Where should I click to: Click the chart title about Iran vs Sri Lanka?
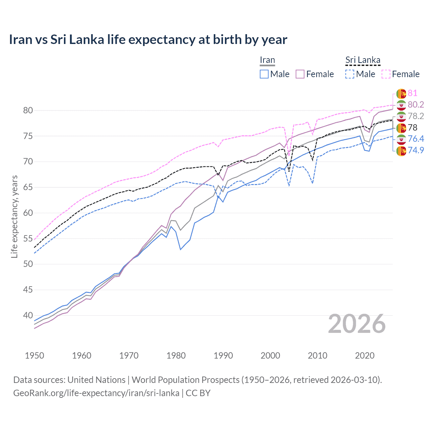coord(148,40)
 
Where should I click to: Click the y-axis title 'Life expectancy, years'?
coord(14,216)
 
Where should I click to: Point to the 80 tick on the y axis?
coord(28,110)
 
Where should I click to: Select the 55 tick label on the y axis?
coord(28,238)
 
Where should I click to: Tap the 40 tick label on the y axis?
coord(28,315)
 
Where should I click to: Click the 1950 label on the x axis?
coord(35,356)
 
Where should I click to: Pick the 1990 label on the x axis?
coord(223,356)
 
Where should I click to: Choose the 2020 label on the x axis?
coord(365,356)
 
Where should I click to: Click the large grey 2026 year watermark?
coord(357,324)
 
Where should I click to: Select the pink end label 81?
coord(412,93)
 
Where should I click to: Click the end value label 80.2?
coord(416,105)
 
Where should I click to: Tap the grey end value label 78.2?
coord(416,116)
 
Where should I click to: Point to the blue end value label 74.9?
coord(416,150)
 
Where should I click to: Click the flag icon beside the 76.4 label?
coord(401,139)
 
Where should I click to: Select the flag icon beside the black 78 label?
coord(401,128)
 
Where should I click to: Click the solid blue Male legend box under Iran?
coord(264,74)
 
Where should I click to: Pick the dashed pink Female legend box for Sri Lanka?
coord(386,74)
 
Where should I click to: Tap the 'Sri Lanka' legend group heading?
coord(363,60)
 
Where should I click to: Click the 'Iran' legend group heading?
coord(267,60)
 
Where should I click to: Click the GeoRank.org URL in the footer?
coord(96,393)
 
